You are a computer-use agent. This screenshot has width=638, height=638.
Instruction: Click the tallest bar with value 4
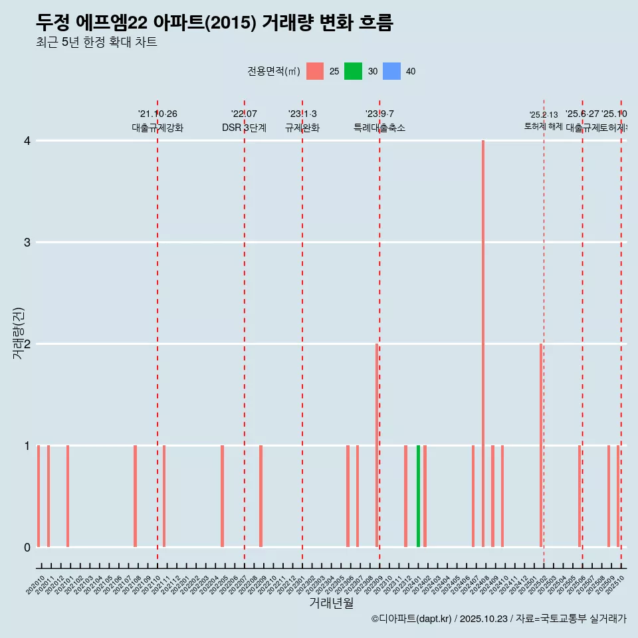(x=483, y=343)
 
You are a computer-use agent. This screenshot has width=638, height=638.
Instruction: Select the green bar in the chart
(x=418, y=496)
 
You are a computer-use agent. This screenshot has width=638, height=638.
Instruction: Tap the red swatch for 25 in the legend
(x=315, y=71)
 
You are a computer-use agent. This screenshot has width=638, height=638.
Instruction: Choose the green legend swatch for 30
(x=353, y=71)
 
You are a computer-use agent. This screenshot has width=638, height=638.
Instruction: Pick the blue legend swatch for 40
(x=392, y=71)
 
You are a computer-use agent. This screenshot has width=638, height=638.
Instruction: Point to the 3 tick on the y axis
(x=27, y=242)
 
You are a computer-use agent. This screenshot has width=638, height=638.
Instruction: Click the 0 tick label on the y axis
(x=27, y=547)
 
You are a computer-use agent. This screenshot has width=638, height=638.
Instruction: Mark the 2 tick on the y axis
(x=27, y=344)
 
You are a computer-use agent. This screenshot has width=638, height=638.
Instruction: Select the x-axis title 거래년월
(x=331, y=603)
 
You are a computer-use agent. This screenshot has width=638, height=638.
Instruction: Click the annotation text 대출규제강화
(x=158, y=128)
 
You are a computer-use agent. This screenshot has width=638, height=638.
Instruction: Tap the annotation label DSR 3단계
(x=244, y=128)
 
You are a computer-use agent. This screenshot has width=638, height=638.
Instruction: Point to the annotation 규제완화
(x=302, y=128)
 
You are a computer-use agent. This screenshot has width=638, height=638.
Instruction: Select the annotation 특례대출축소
(x=379, y=128)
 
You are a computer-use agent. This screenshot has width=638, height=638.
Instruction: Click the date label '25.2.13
(x=544, y=115)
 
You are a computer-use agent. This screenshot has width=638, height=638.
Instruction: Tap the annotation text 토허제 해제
(x=544, y=126)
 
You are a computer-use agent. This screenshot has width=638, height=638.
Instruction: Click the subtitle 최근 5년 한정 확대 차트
(x=96, y=43)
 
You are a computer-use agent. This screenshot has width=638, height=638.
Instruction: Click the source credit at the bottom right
(x=498, y=619)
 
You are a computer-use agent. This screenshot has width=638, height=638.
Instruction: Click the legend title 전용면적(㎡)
(x=274, y=71)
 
